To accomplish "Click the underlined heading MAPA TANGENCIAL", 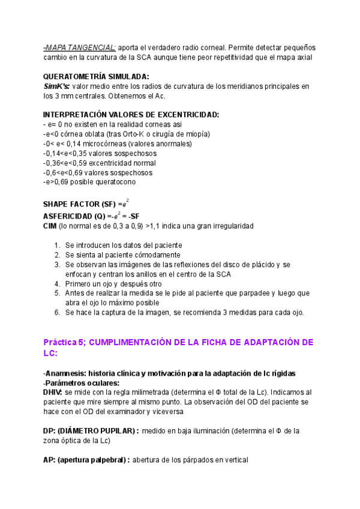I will [80, 47].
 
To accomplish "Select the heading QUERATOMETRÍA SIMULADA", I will [97, 76].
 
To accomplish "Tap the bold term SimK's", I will [56, 86].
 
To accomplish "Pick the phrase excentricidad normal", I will [122, 163].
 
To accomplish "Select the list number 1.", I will [56, 245].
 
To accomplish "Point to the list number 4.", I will [56, 284].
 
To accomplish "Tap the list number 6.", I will [56, 313].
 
